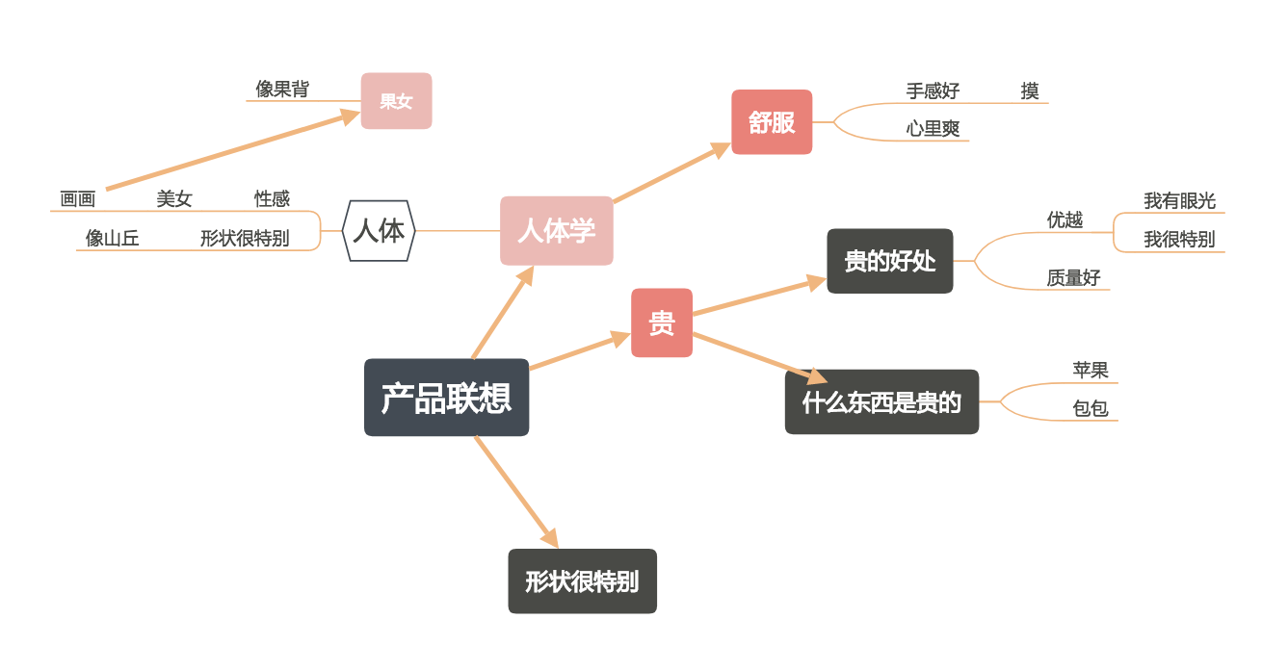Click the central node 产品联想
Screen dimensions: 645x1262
[x=446, y=398]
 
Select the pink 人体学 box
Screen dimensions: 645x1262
[x=556, y=231]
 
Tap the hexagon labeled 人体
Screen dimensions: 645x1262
[x=379, y=231]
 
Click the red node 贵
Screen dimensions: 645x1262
[x=662, y=323]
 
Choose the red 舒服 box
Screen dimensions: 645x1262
[x=772, y=122]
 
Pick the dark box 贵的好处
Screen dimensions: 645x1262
[x=889, y=261]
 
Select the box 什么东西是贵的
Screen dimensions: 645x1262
[x=881, y=402]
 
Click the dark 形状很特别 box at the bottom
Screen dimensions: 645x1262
[x=582, y=581]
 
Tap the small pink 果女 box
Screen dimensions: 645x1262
[x=396, y=101]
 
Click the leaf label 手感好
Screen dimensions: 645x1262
[x=933, y=91]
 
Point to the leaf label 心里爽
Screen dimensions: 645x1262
[x=933, y=129]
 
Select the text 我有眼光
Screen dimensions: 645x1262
[x=1179, y=201]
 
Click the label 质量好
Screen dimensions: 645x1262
[x=1073, y=278]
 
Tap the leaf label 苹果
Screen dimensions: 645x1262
[x=1091, y=371]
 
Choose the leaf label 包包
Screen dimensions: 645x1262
[x=1091, y=409]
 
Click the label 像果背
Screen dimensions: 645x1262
[x=282, y=90]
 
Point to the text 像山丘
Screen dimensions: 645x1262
[x=113, y=239]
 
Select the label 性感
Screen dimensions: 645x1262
[x=272, y=199]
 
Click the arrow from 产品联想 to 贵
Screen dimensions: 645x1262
[x=578, y=351]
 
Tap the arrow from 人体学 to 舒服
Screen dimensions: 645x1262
[x=671, y=173]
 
